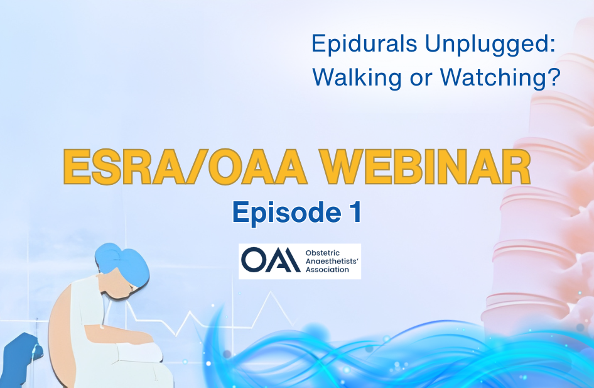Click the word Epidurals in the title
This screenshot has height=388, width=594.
click(364, 43)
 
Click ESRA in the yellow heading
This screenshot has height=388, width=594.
click(122, 167)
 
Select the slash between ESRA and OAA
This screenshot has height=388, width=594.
click(195, 167)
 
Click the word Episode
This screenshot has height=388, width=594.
click(287, 213)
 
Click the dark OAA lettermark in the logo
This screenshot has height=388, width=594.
click(271, 260)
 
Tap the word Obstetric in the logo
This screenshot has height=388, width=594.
click(322, 253)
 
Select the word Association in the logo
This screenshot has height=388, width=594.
click(327, 270)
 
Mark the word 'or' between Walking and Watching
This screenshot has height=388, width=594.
click(421, 79)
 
